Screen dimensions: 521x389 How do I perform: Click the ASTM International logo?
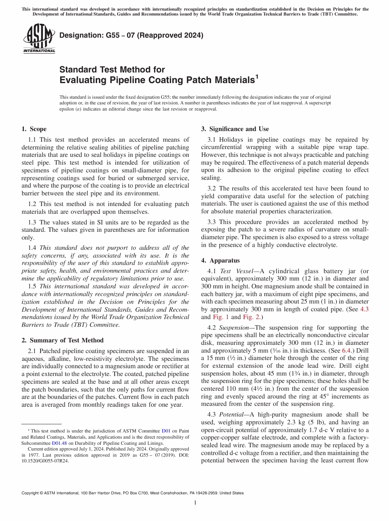[38, 39]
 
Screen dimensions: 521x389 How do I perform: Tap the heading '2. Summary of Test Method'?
[62, 340]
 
